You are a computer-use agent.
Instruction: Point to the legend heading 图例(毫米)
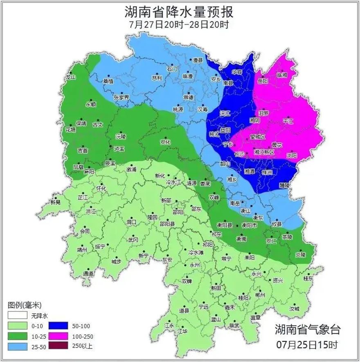pos(24,305)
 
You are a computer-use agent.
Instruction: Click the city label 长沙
pos(239,154)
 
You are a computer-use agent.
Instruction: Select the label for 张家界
pos(121,97)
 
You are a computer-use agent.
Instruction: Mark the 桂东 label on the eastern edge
pos(308,278)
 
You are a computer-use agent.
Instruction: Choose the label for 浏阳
pos(292,155)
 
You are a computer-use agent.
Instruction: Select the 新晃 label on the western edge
pos(56,202)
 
